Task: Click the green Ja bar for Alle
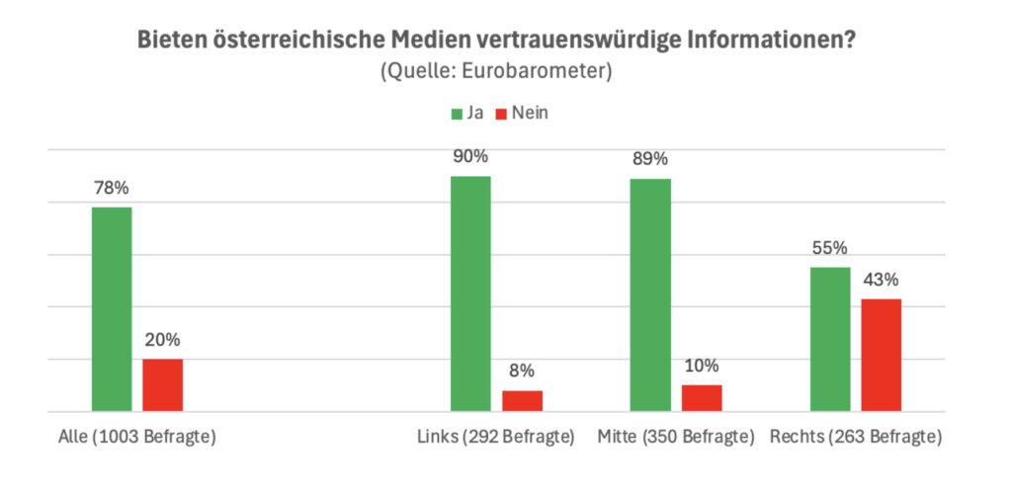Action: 112,309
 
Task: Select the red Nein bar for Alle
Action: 162,385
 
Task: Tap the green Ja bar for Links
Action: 470,293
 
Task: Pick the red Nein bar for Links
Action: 522,401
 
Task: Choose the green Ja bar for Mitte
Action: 651,295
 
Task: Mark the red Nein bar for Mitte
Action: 702,398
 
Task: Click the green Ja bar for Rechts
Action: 830,339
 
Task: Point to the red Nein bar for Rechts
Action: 882,355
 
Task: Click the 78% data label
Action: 112,188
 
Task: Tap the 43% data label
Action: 882,280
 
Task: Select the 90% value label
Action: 470,156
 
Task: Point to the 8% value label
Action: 522,371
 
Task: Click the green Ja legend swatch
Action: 458,114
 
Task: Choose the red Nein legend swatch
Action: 501,114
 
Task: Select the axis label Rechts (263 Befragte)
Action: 856,437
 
